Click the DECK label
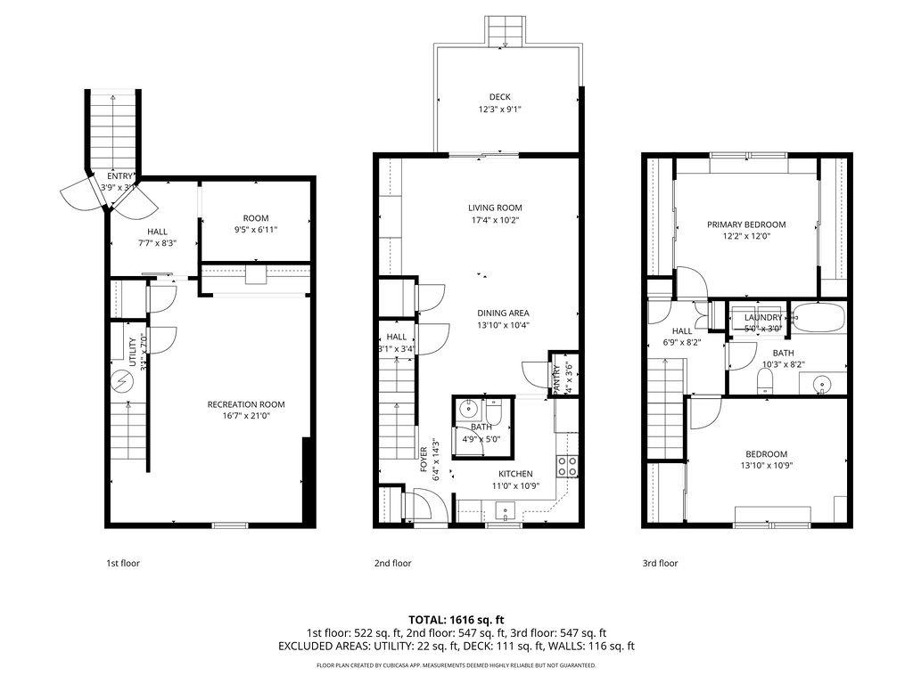pyautogui.click(x=500, y=97)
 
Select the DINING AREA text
pyautogui.click(x=503, y=313)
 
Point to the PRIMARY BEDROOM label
pyautogui.click(x=746, y=224)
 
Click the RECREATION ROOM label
pyautogui.click(x=246, y=404)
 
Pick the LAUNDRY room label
pyautogui.click(x=762, y=317)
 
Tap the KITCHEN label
pyautogui.click(x=515, y=474)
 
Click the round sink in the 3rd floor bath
pyautogui.click(x=821, y=384)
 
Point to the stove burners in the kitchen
pyautogui.click(x=566, y=463)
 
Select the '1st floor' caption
pyautogui.click(x=123, y=563)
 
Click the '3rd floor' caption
pyautogui.click(x=661, y=563)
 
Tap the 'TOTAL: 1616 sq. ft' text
pyautogui.click(x=456, y=619)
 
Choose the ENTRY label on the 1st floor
pyautogui.click(x=120, y=175)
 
